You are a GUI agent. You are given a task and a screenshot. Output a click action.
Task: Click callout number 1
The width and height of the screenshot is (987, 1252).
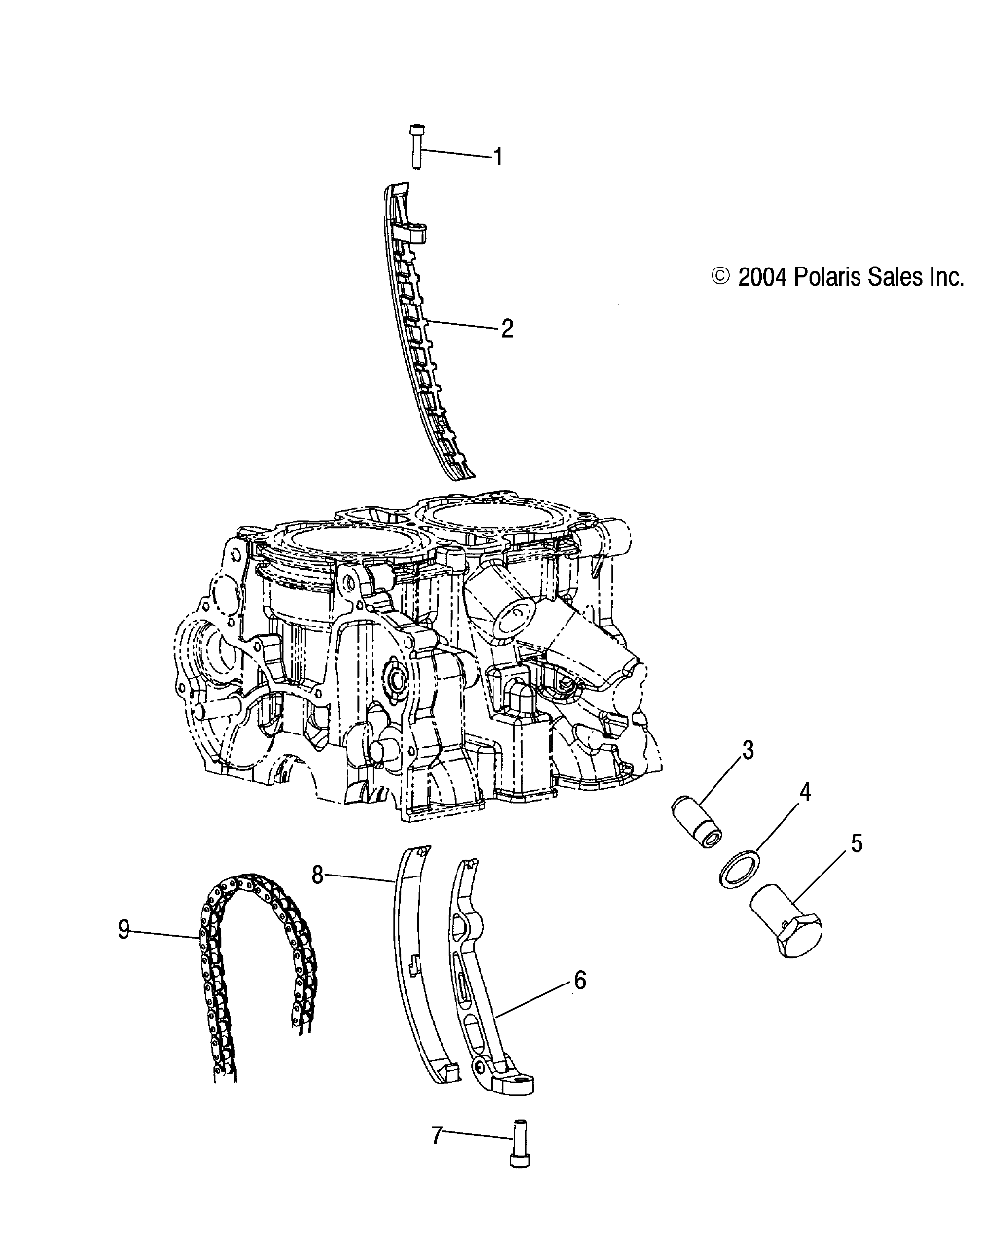pos(497,157)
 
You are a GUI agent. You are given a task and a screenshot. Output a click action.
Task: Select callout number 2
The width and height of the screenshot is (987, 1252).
pos(506,328)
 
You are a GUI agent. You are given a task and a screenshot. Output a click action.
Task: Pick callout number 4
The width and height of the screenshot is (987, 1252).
pos(803,793)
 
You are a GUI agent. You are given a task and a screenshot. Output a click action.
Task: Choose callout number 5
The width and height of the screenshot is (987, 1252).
pos(856,842)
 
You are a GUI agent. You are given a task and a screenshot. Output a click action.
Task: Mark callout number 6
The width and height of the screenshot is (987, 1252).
pos(580,980)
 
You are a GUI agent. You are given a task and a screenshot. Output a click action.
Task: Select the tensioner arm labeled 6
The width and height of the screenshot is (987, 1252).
pos(485,983)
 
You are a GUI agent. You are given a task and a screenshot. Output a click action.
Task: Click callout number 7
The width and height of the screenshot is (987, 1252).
pos(437,1133)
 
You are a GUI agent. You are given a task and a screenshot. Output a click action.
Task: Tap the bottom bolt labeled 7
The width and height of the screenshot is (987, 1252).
pos(515,1138)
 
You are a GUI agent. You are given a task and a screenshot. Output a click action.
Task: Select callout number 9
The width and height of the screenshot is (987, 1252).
pos(124,930)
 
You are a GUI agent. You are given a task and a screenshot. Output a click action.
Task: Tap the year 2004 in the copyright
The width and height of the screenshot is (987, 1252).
pos(761,277)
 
